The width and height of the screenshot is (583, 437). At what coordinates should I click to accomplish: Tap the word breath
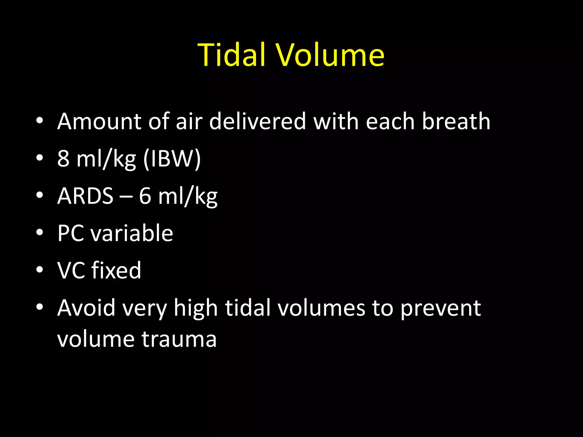tap(456, 121)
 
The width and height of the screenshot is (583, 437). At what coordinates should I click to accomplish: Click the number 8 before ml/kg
tap(63, 158)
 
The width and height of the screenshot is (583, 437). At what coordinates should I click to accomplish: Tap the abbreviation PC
tap(71, 233)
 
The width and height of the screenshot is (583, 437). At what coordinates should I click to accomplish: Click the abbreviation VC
tap(71, 270)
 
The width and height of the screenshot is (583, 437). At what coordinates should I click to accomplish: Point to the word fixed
tap(116, 270)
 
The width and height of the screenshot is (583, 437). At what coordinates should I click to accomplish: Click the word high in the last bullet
tap(196, 308)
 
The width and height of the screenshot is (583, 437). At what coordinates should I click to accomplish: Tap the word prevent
tap(441, 308)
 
